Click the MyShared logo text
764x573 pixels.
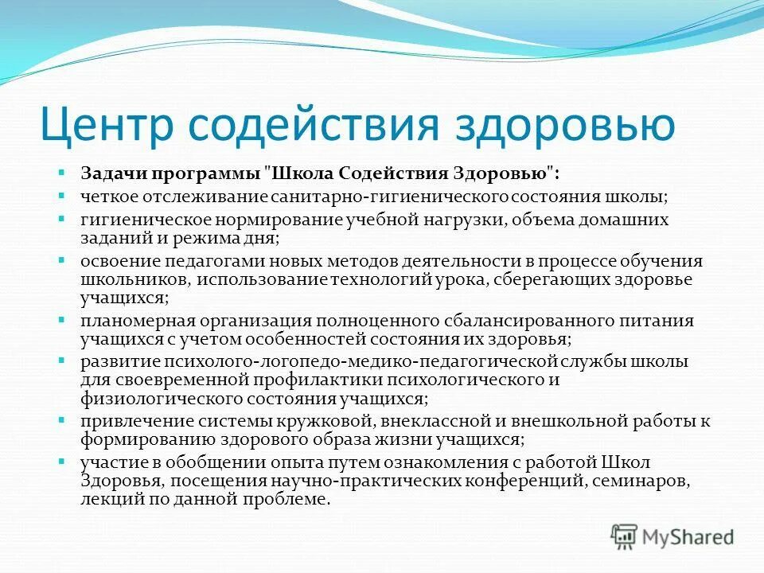(x=688, y=537)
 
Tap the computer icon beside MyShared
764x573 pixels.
(x=625, y=536)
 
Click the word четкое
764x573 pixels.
(x=104, y=196)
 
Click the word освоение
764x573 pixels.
(x=112, y=262)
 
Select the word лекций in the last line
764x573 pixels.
(x=104, y=499)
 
